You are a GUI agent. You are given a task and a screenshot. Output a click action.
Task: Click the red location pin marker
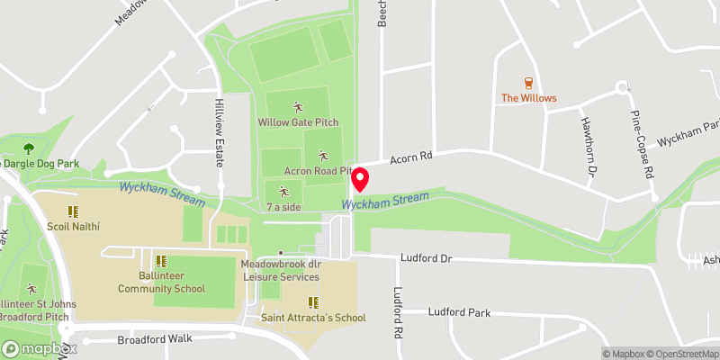click(360, 178)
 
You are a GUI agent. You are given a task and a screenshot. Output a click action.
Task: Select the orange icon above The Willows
click(528, 83)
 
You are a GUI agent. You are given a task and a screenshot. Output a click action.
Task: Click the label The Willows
click(528, 98)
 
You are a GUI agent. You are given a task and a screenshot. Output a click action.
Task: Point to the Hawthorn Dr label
click(590, 146)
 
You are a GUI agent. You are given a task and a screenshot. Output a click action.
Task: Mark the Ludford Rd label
click(397, 313)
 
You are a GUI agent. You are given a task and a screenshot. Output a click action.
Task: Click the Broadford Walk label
click(156, 340)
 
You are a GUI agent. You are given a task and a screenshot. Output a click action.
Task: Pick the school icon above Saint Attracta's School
click(313, 302)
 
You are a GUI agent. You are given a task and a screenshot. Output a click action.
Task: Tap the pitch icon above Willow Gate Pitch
click(298, 106)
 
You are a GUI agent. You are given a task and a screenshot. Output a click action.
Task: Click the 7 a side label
click(283, 207)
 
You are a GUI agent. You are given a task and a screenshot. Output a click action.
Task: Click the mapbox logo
click(40, 348)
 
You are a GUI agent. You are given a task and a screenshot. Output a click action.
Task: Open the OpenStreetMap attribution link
click(679, 354)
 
